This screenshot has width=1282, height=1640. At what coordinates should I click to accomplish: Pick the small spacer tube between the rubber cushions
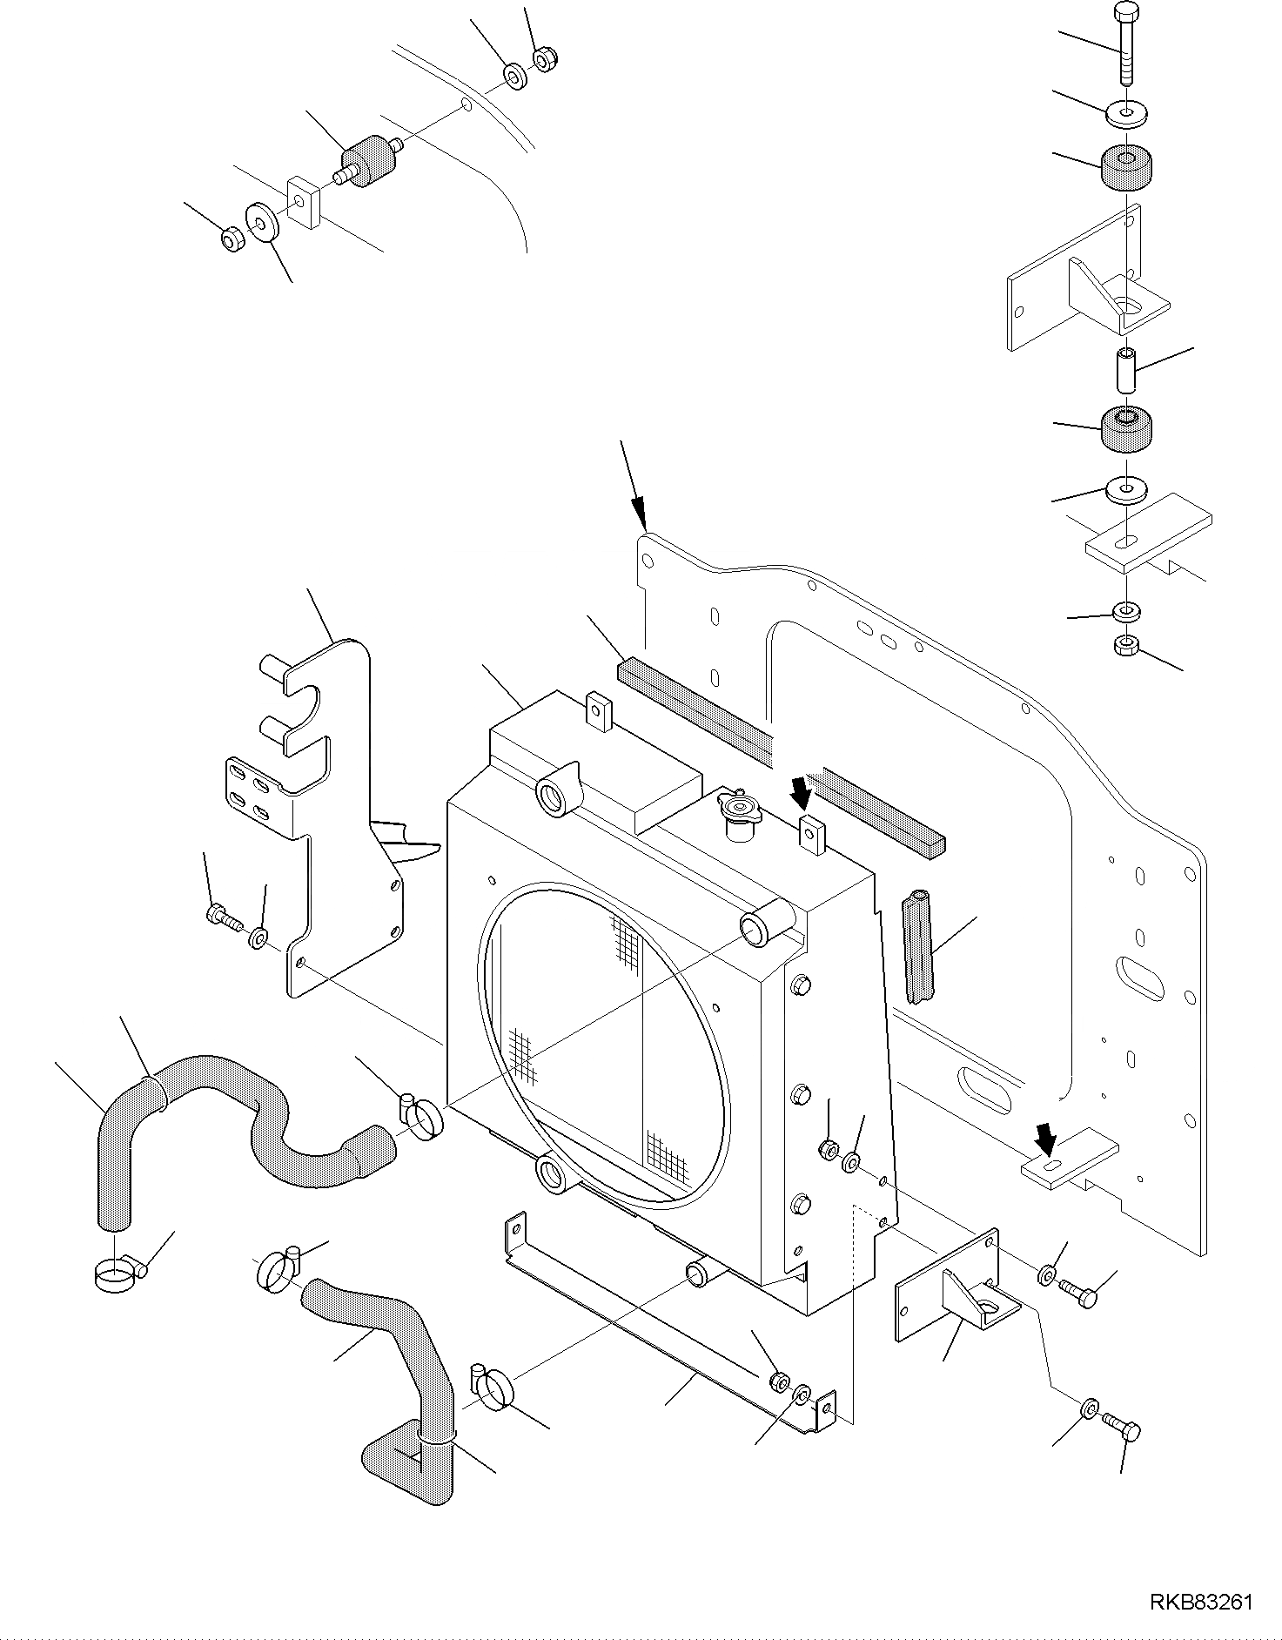point(1126,371)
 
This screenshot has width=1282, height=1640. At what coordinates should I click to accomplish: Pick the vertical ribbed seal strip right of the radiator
point(917,946)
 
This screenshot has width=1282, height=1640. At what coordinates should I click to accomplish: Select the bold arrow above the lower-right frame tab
point(1045,1137)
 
